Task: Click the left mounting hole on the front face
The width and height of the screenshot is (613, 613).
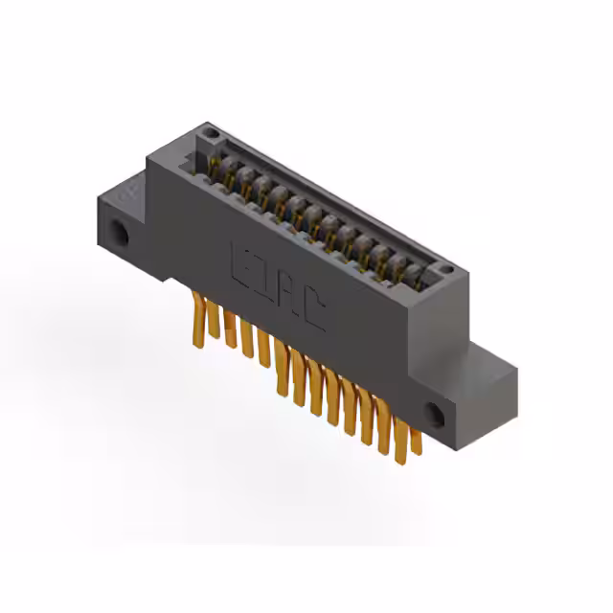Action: tap(121, 232)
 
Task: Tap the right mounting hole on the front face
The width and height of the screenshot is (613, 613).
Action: tap(436, 413)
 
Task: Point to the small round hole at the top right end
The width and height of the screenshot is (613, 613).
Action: tap(445, 261)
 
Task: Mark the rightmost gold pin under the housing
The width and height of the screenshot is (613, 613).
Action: tap(416, 441)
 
